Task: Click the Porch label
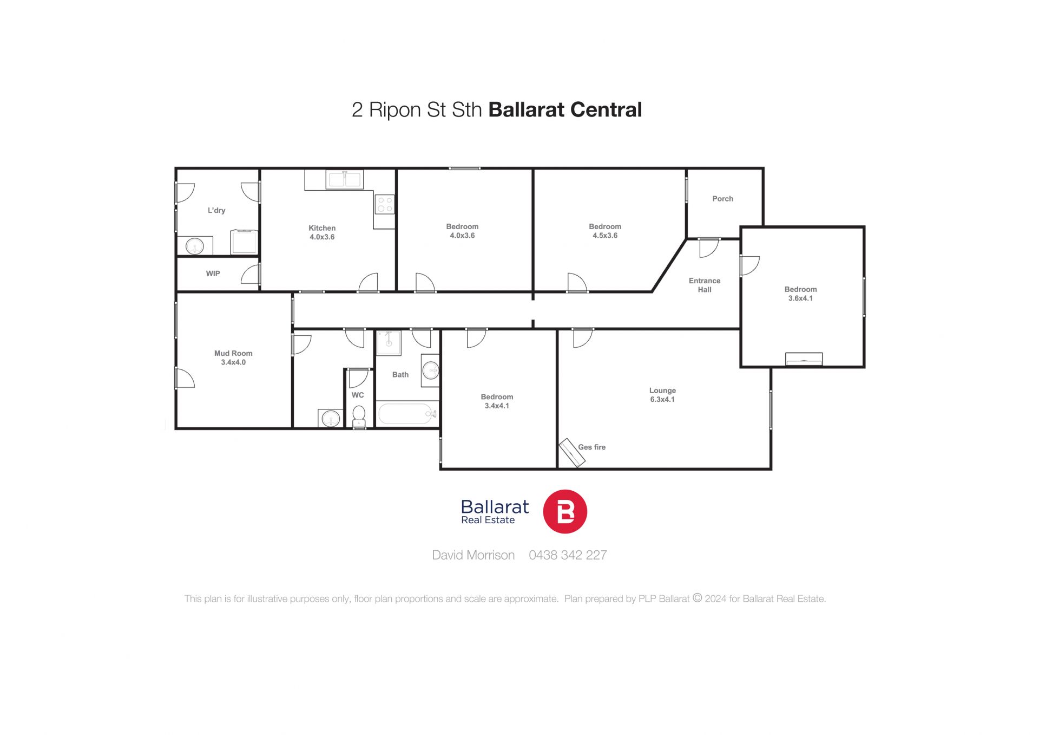pyautogui.click(x=722, y=199)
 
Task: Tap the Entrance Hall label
pyautogui.click(x=705, y=285)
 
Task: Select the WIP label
pyautogui.click(x=213, y=274)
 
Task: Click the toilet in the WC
pyautogui.click(x=359, y=417)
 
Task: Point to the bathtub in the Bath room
pyautogui.click(x=407, y=414)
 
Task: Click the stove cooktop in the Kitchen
pyautogui.click(x=385, y=205)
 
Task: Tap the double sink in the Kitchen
pyautogui.click(x=345, y=179)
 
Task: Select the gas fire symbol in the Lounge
pyautogui.click(x=572, y=452)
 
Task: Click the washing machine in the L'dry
pyautogui.click(x=244, y=242)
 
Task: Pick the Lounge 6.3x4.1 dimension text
pyautogui.click(x=662, y=400)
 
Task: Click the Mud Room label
pyautogui.click(x=233, y=353)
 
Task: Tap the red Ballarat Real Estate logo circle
pyautogui.click(x=565, y=512)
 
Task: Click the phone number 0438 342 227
pyautogui.click(x=568, y=555)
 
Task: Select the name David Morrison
pyautogui.click(x=473, y=555)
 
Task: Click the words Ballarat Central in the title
pyautogui.click(x=565, y=109)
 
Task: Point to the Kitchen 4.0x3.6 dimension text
pyautogui.click(x=322, y=237)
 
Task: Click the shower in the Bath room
pyautogui.click(x=389, y=343)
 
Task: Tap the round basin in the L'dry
pyautogui.click(x=195, y=246)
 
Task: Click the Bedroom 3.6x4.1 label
pyautogui.click(x=800, y=294)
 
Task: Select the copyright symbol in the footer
pyautogui.click(x=698, y=598)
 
